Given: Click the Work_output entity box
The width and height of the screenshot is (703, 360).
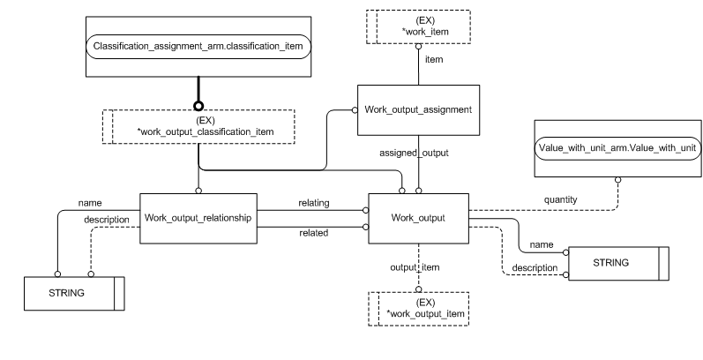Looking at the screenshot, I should click(x=417, y=217).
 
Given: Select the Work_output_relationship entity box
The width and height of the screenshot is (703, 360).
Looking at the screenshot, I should click(x=198, y=217).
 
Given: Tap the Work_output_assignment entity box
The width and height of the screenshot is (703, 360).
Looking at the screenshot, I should click(x=417, y=110).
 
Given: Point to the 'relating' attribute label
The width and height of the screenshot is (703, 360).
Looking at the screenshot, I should click(x=313, y=203).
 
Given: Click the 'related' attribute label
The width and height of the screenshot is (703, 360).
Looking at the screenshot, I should click(x=314, y=233).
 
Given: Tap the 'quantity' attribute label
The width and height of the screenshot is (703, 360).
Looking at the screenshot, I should click(x=560, y=199).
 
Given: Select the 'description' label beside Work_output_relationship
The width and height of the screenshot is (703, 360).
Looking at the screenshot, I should click(x=107, y=220).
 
